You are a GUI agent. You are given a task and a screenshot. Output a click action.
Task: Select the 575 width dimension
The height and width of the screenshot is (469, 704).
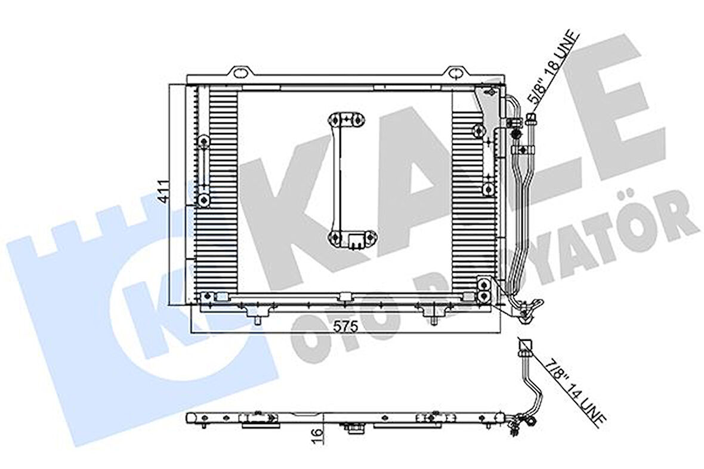pyautogui.click(x=345, y=326)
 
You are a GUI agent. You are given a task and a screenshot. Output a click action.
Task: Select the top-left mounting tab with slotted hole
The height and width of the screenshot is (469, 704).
pyautogui.click(x=242, y=73)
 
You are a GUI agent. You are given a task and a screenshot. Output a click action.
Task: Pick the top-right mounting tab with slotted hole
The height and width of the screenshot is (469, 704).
pyautogui.click(x=455, y=73)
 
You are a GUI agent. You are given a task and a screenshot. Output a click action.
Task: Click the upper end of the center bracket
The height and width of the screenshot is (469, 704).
pyautogui.click(x=346, y=119)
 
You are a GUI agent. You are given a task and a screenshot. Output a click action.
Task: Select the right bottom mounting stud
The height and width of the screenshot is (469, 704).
pyautogui.click(x=433, y=321)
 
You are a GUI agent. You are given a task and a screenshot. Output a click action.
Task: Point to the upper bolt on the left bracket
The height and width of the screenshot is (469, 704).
pyautogui.click(x=205, y=142)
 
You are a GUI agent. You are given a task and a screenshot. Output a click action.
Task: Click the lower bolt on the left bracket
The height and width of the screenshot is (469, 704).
pyautogui.click(x=205, y=199)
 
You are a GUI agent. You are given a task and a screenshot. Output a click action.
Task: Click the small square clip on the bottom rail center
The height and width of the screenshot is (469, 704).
pyautogui.click(x=344, y=297)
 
